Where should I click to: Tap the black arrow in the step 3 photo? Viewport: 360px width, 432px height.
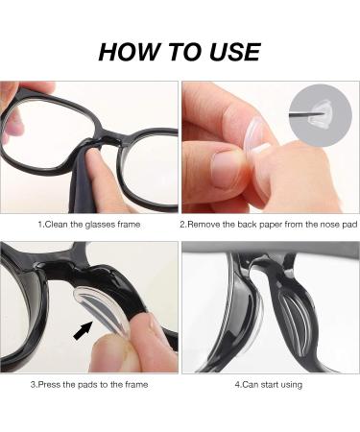(84, 332)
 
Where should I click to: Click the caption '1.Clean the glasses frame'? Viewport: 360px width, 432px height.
(89, 223)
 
